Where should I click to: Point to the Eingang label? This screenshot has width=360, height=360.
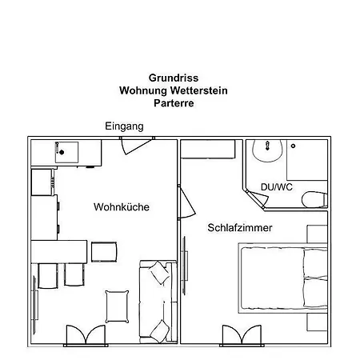click(124, 126)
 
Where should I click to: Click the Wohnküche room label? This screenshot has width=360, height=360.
click(122, 207)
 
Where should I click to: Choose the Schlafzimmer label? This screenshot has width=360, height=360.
click(240, 228)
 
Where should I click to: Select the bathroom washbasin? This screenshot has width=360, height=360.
click(264, 151)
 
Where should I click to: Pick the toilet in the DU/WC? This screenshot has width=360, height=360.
click(315, 198)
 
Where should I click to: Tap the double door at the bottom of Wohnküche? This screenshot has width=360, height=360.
click(85, 334)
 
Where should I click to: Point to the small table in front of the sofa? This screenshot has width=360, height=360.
click(117, 305)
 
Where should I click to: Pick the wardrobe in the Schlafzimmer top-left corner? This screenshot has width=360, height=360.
click(208, 150)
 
